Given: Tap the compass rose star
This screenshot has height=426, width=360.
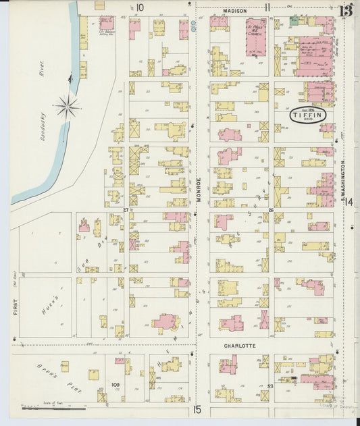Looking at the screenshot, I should [68, 106].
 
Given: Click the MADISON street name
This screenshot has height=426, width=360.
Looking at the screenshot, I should [234, 10].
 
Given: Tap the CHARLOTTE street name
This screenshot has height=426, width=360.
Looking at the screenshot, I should [239, 346].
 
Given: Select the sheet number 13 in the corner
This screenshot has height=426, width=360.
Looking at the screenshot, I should [345, 10].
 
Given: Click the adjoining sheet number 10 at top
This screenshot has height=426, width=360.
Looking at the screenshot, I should [140, 8].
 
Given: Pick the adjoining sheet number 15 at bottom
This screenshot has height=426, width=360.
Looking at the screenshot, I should [197, 409].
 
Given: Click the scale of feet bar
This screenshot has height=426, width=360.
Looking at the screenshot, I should [54, 408].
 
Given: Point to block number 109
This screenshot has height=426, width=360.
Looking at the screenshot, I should [115, 385].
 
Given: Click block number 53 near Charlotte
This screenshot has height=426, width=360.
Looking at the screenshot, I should [270, 385].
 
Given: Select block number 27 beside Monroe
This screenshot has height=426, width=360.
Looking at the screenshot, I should [126, 210].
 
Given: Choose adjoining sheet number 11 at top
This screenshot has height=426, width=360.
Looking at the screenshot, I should [268, 8].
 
